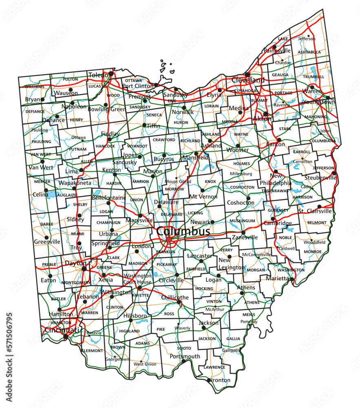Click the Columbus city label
point(183,231)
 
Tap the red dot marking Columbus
point(169,239)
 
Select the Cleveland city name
point(248,80)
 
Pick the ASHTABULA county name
point(309,52)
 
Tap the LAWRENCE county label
point(214,367)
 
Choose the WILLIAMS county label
point(35,86)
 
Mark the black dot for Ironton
point(209,380)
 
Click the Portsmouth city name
point(185,356)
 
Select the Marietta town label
point(278,278)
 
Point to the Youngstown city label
point(319,102)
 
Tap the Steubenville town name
point(320,178)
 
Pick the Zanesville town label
point(245,237)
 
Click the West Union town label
point(145,364)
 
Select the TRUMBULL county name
point(314,77)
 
